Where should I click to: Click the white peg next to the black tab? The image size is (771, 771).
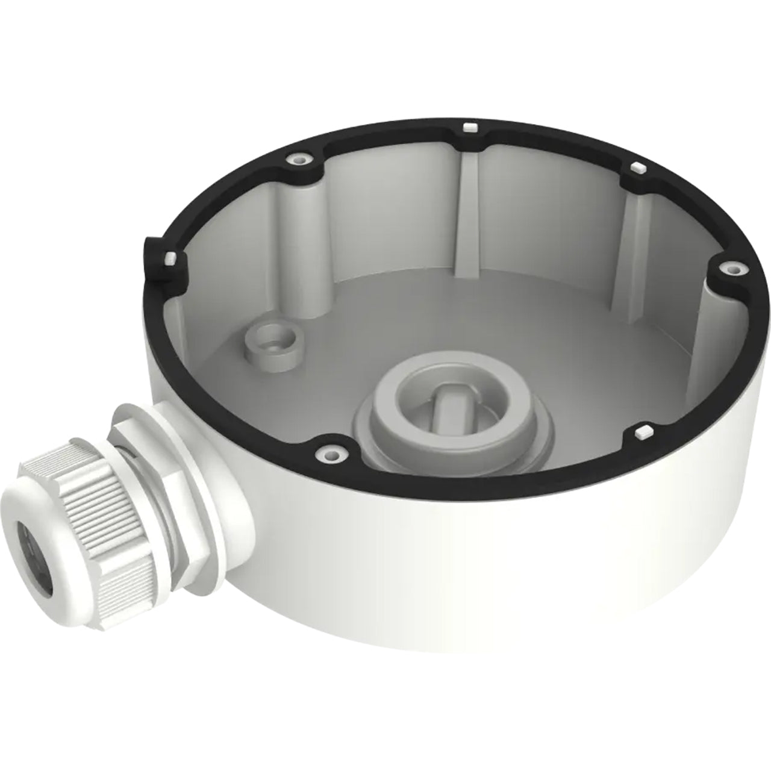pyautogui.click(x=170, y=258)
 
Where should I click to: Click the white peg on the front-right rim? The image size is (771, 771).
pyautogui.click(x=643, y=431)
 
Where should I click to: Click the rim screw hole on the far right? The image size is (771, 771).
pyautogui.click(x=733, y=268)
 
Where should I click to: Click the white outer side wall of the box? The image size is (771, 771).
pyautogui.click(x=482, y=560)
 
